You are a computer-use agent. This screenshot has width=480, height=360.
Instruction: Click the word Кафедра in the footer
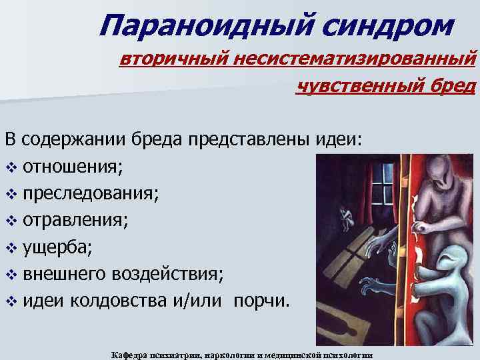[130, 354]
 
